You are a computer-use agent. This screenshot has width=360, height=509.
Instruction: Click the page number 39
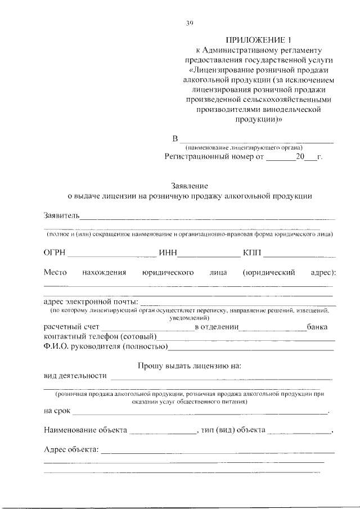coord(190,23)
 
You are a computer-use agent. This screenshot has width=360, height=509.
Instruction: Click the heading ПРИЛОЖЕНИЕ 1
coord(251,39)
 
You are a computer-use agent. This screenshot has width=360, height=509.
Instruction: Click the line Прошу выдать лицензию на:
coord(190,366)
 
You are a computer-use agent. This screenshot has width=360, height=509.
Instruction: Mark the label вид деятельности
coord(75,376)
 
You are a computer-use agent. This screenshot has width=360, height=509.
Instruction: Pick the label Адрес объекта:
coord(71,449)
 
